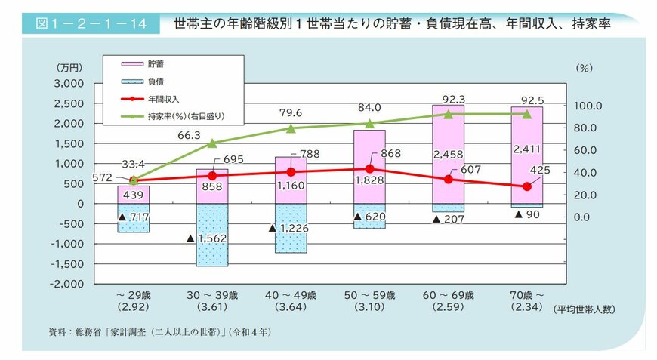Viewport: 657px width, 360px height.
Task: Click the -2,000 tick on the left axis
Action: click(67, 284)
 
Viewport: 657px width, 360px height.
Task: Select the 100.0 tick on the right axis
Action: click(588, 106)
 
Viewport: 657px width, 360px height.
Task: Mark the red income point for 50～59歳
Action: click(369, 169)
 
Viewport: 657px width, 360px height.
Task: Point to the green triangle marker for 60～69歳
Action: click(448, 114)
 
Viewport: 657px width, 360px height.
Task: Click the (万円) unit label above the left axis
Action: click(72, 68)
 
